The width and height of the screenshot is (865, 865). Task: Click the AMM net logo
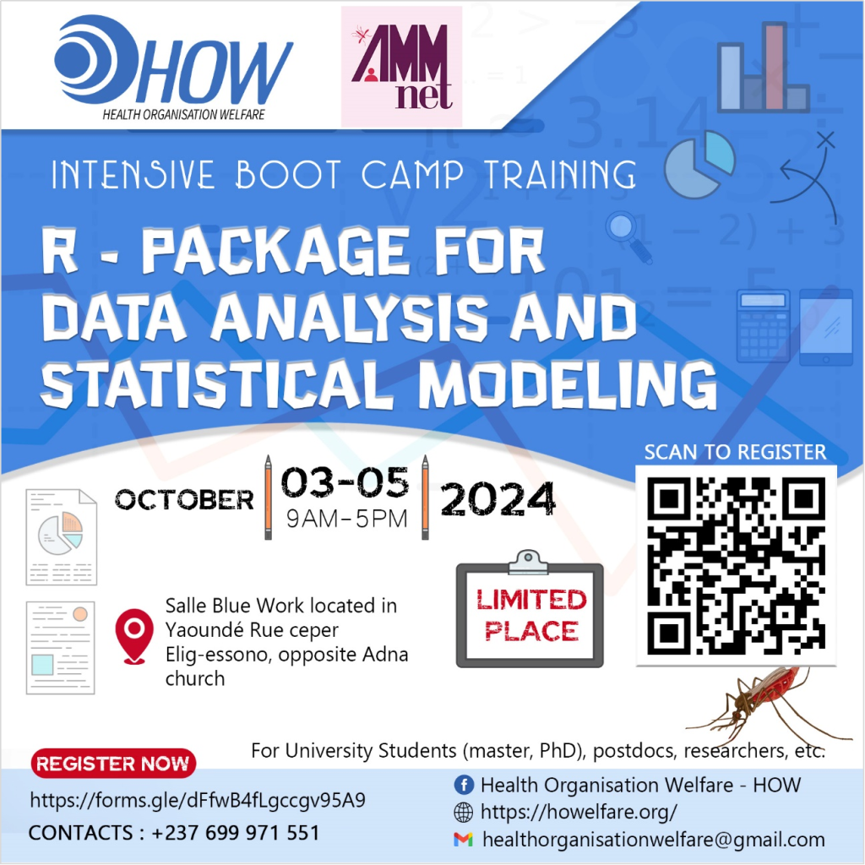[401, 66]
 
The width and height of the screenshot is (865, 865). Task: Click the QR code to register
[736, 565]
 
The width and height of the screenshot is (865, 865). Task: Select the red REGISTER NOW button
[113, 764]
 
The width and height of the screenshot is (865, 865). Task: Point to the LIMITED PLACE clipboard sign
[530, 613]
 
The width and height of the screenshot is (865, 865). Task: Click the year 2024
[498, 499]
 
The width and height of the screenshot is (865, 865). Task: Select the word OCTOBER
[185, 499]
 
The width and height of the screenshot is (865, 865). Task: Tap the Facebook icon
[463, 785]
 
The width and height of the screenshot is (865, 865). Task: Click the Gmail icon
[463, 840]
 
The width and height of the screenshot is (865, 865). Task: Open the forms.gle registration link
[198, 800]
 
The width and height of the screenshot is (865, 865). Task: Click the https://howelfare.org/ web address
[579, 813]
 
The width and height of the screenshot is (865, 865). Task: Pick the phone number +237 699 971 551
[236, 833]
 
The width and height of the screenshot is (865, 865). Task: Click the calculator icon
[763, 325]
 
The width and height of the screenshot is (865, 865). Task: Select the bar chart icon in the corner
[763, 69]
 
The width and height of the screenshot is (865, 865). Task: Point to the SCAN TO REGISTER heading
[735, 452]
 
